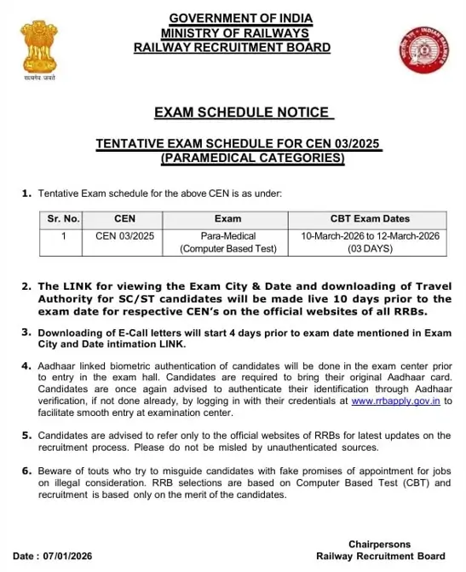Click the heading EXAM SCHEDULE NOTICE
pyautogui.click(x=241, y=112)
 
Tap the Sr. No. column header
pyautogui.click(x=62, y=218)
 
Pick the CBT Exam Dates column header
pyautogui.click(x=369, y=218)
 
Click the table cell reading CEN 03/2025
pyautogui.click(x=124, y=235)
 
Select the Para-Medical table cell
pyautogui.click(x=228, y=235)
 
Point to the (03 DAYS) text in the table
pyautogui.click(x=369, y=250)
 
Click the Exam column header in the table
pyautogui.click(x=228, y=218)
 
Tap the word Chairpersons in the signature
pyautogui.click(x=379, y=544)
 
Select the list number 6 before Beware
pyautogui.click(x=26, y=471)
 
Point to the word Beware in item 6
pyautogui.click(x=55, y=471)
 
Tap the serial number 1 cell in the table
pyautogui.click(x=62, y=235)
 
